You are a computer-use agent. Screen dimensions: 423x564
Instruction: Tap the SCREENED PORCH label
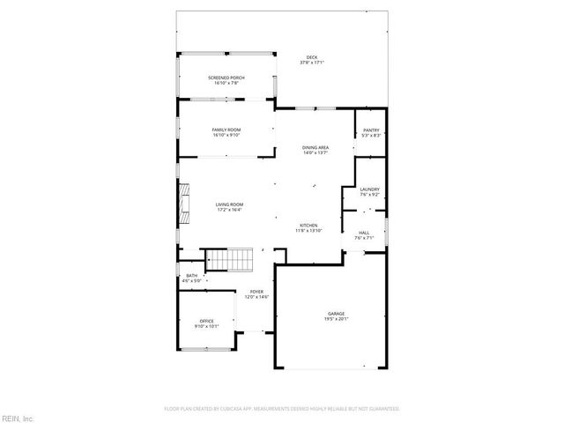click(x=226, y=78)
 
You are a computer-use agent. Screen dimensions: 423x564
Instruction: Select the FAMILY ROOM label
click(x=226, y=130)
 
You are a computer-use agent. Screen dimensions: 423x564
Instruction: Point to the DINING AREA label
click(x=315, y=147)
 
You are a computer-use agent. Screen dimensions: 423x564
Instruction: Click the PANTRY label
click(x=371, y=130)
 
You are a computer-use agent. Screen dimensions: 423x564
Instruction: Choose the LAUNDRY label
click(x=369, y=189)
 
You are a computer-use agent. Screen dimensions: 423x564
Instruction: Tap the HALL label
click(x=364, y=233)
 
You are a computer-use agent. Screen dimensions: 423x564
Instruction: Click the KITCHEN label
click(x=308, y=225)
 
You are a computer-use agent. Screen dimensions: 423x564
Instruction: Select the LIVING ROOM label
click(x=229, y=204)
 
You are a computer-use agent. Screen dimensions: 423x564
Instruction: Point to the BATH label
click(x=191, y=276)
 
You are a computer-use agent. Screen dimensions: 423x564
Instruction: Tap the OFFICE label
click(x=206, y=321)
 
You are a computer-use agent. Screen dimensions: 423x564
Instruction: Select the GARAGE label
click(x=337, y=313)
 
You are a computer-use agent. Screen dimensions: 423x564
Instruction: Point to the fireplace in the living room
click(x=184, y=203)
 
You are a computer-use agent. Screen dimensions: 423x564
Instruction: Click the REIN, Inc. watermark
click(x=18, y=417)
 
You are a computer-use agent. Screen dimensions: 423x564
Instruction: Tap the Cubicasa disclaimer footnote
click(x=282, y=409)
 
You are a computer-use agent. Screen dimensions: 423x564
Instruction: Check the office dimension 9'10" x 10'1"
click(x=206, y=326)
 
